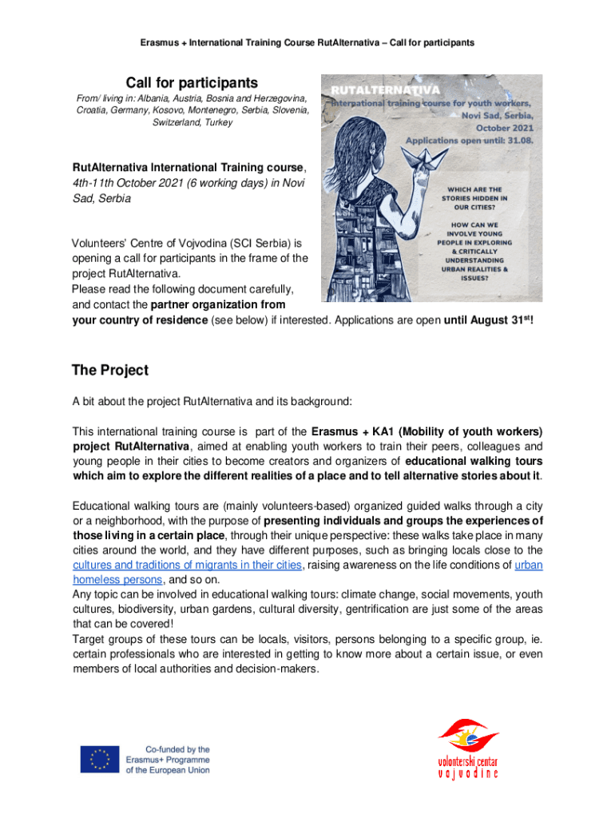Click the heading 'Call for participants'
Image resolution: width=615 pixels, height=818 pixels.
point(192,83)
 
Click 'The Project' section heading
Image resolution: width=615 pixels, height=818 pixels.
point(109,371)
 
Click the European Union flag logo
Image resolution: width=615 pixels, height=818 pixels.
point(99,759)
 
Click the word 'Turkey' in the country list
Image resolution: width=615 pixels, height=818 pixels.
point(216,123)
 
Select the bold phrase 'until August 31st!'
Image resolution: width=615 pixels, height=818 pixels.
point(488,321)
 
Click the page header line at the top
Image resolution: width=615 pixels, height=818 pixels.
point(307,42)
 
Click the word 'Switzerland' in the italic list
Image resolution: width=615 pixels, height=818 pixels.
point(177,123)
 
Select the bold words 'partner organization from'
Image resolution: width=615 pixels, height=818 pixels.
point(218,304)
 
